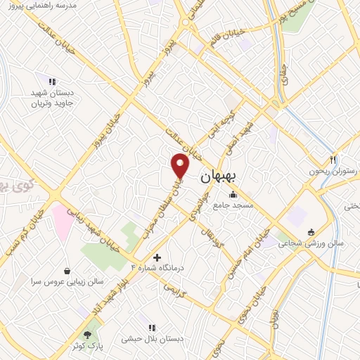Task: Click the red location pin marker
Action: [x=181, y=165]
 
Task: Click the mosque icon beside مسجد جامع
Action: [x=233, y=195]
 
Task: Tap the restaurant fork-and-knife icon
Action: [x=333, y=160]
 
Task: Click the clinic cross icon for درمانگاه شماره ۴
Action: [x=157, y=258]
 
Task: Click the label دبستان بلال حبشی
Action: [x=151, y=338]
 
